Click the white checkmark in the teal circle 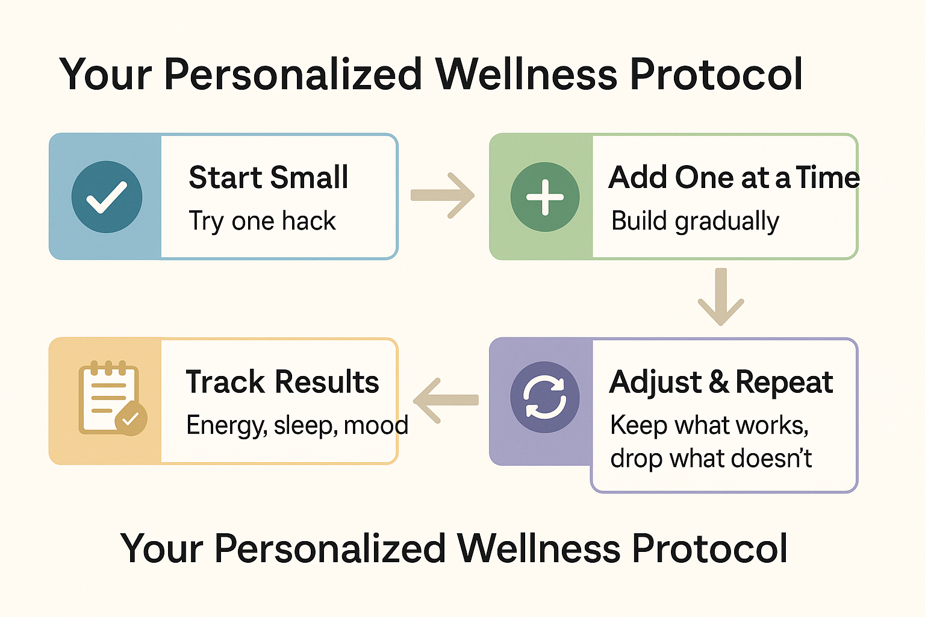[x=107, y=198]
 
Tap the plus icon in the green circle [x=544, y=197]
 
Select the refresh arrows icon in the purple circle [x=544, y=396]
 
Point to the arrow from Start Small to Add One [x=442, y=195]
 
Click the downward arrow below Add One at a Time [x=721, y=296]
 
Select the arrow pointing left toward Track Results [x=446, y=401]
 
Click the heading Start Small [x=269, y=177]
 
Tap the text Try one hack [x=262, y=221]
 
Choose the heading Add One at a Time [x=734, y=177]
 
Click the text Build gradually [x=695, y=221]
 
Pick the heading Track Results [x=282, y=381]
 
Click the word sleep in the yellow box [x=303, y=425]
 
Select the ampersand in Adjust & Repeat [x=719, y=382]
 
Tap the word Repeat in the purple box [x=784, y=383]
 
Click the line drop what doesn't [x=711, y=458]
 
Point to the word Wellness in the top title [x=527, y=74]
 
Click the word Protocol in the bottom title [x=710, y=548]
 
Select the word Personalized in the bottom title [x=330, y=548]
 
